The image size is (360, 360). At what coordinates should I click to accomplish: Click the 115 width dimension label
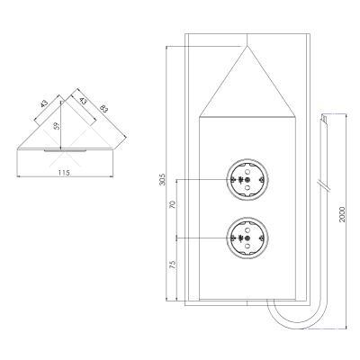pyautogui.click(x=64, y=173)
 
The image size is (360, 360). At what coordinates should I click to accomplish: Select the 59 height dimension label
pyautogui.click(x=57, y=125)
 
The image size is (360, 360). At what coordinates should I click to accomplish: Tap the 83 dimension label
pyautogui.click(x=103, y=108)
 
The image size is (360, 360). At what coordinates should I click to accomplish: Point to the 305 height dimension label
pyautogui.click(x=162, y=179)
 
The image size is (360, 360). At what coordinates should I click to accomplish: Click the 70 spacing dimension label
pyautogui.click(x=173, y=205)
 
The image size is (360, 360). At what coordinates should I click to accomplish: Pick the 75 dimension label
pyautogui.click(x=173, y=265)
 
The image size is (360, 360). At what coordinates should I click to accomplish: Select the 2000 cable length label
pyautogui.click(x=342, y=214)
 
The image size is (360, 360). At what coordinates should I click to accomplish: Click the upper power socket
pyautogui.click(x=247, y=180)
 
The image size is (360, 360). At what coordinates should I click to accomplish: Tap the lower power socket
pyautogui.click(x=247, y=238)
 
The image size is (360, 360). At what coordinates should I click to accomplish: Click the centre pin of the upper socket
pyautogui.click(x=247, y=180)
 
